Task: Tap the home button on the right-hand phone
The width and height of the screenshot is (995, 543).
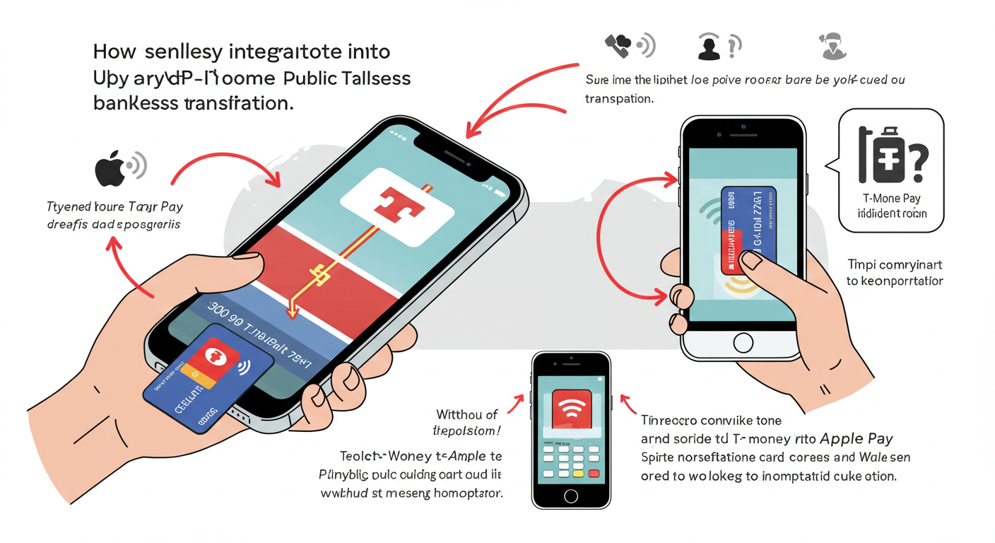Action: (x=743, y=343)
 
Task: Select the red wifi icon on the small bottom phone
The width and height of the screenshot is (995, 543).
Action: (x=571, y=409)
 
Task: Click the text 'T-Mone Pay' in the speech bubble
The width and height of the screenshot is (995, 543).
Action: (x=891, y=199)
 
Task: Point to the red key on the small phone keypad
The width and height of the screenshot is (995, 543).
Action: (x=594, y=473)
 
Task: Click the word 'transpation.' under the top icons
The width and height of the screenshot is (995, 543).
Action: (x=618, y=99)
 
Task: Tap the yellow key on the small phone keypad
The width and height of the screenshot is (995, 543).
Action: (x=578, y=473)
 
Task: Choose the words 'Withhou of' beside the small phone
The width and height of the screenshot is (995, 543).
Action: (x=467, y=414)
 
